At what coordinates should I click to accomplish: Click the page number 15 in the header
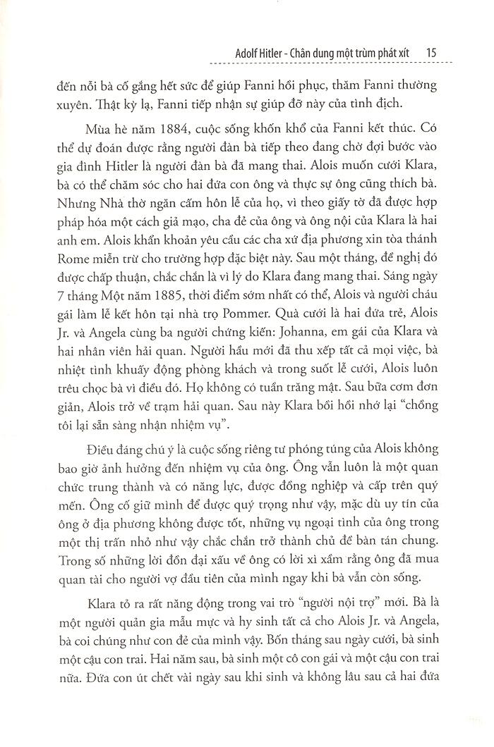click(434, 53)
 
